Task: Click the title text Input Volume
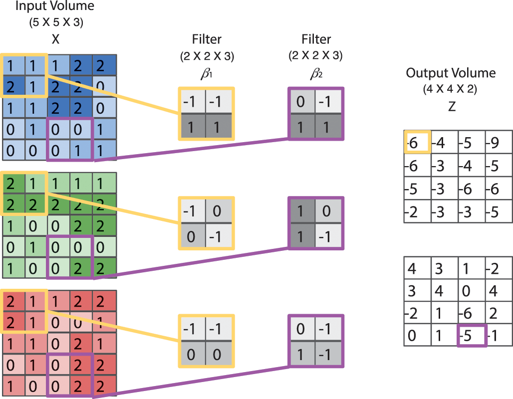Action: pos(54,7)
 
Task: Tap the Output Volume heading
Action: pos(451,73)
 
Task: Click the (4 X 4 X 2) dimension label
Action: pos(451,91)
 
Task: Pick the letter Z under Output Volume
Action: pos(452,106)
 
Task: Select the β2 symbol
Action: pos(315,74)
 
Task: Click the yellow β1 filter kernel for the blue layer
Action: pos(207,113)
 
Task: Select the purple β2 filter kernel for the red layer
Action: pos(316,341)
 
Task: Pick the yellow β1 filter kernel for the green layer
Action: pos(207,222)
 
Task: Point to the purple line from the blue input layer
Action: pos(190,149)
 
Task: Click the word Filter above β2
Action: pos(315,39)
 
